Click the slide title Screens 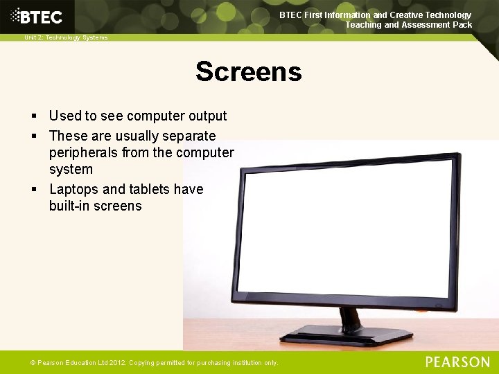click(x=249, y=71)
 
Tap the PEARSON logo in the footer click(x=457, y=362)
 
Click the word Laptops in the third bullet click(x=74, y=189)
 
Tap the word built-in click(x=70, y=206)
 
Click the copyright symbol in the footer click(x=32, y=363)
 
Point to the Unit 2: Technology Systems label click(x=66, y=37)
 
